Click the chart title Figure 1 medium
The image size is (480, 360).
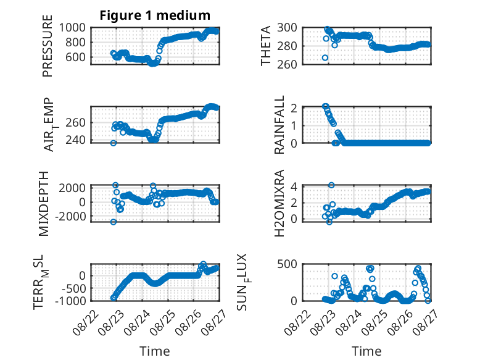point(155,15)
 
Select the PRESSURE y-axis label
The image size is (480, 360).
point(48,46)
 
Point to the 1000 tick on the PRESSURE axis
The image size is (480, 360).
point(72,28)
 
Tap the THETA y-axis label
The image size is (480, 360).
point(266,46)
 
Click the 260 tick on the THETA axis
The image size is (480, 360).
point(287,64)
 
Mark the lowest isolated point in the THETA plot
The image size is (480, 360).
point(325,58)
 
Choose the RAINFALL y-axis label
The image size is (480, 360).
point(279,125)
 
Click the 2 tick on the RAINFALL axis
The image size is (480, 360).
point(294,108)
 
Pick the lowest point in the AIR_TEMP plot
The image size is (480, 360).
point(114,143)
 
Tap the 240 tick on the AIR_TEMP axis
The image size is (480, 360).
point(75,140)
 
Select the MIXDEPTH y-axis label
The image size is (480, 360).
point(44,204)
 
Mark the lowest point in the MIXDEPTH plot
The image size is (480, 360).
point(114,222)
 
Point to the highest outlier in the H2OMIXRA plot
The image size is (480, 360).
point(331,185)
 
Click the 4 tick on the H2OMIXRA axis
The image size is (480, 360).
point(294,186)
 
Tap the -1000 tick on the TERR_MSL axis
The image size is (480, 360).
point(70,301)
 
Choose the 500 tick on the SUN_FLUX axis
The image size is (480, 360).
point(287,264)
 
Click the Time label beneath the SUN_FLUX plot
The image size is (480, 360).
point(366,351)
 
